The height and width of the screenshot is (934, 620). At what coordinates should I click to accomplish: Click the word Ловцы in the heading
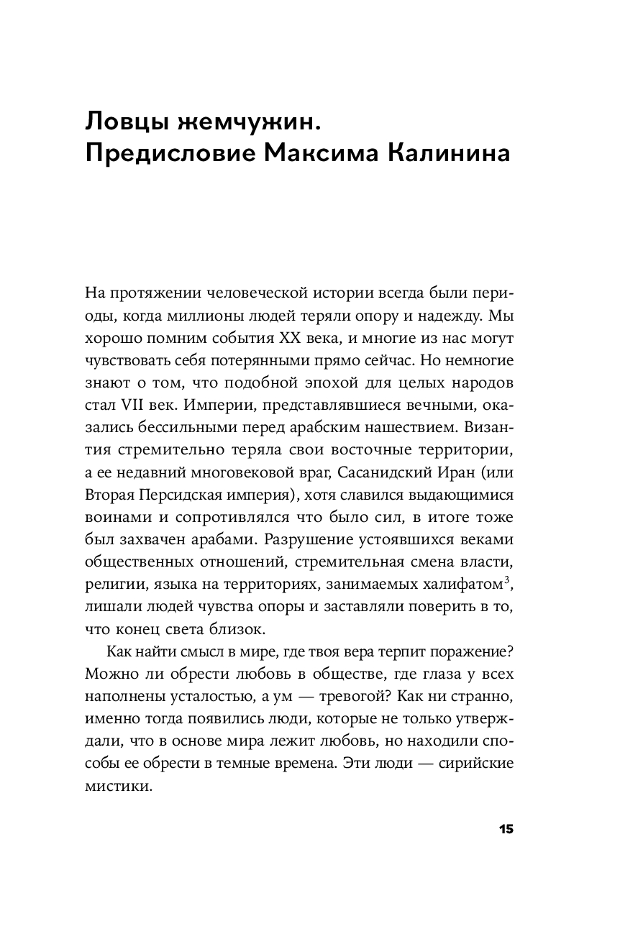[x=126, y=120]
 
